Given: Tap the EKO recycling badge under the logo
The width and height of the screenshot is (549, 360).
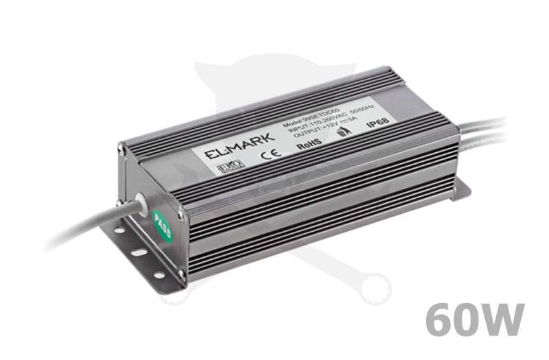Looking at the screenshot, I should [x=226, y=167].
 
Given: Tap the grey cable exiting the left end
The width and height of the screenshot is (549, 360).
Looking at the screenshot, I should [x=82, y=229].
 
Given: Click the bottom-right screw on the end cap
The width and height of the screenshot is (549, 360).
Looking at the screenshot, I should [x=181, y=274].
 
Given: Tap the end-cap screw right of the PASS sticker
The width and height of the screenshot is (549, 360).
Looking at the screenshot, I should [x=182, y=215].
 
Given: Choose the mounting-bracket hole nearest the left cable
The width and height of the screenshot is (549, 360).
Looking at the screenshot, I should [x=119, y=231].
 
